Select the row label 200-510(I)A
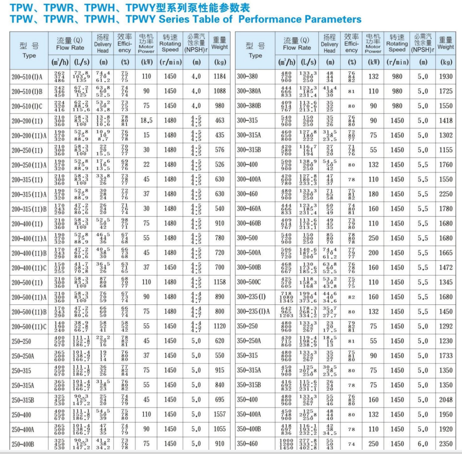(28, 77)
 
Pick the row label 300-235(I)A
(253, 312)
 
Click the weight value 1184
(219, 77)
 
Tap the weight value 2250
(446, 194)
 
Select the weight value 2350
(446, 444)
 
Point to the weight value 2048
(446, 400)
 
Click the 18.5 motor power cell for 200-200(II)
(146, 121)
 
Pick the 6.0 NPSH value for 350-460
(423, 444)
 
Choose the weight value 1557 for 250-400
(219, 415)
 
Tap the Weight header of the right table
(446, 44)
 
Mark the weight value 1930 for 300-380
(446, 77)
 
